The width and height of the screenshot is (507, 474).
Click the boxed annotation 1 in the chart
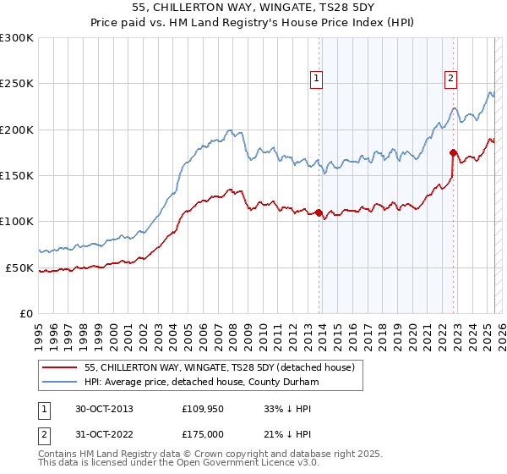pos(316,79)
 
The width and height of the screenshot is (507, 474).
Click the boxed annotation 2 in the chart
pos(450,79)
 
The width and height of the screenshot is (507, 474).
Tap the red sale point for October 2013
pos(319,212)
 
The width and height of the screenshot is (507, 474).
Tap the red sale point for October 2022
pos(453,153)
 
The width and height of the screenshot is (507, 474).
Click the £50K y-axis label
pos(19,267)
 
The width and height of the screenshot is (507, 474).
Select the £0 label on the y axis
pos(25,313)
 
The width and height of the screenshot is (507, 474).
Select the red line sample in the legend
pos(61,367)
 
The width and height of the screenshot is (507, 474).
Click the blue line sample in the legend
pos(61,382)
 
